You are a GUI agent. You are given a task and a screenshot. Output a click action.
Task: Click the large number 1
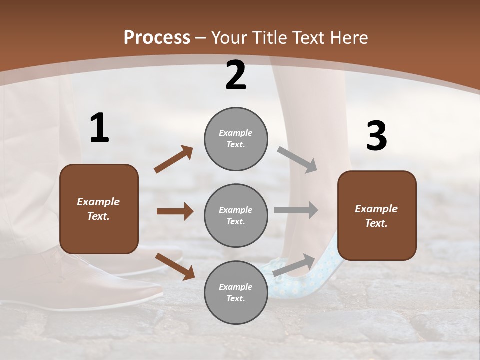point(99,128)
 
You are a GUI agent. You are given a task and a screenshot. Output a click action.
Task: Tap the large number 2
point(236,75)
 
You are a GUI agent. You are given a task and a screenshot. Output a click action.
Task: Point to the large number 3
point(376,136)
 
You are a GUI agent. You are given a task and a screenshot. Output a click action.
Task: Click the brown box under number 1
point(99,209)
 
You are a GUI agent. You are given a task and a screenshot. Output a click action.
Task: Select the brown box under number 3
point(377,216)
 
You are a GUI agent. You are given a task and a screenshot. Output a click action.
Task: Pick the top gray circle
point(236,139)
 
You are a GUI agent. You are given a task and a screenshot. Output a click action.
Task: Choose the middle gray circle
point(236,215)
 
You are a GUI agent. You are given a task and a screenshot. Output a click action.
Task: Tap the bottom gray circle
point(236,292)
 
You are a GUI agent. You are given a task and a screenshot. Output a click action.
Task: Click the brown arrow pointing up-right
point(174,159)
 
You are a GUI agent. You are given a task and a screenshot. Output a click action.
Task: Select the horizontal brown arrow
point(175,211)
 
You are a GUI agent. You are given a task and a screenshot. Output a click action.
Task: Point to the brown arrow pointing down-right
point(175,266)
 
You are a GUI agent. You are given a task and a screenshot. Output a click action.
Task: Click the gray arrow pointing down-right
point(297,159)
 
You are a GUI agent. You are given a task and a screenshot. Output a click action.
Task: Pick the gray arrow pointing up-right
point(294,265)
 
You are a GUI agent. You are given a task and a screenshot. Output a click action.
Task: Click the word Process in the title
point(157,37)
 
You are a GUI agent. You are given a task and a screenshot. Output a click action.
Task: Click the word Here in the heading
point(349,37)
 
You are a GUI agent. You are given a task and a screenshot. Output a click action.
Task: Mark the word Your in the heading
point(229,37)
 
